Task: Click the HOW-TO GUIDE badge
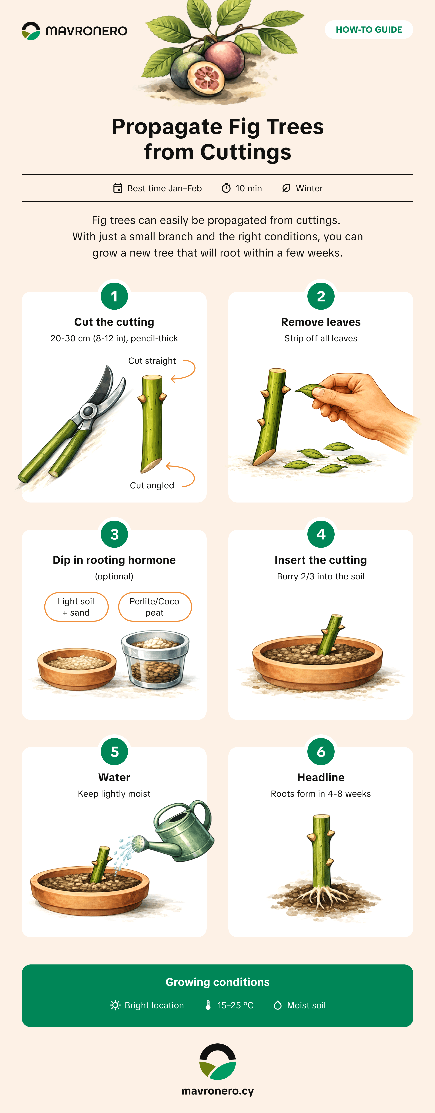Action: point(369,29)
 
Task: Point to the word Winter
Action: point(309,188)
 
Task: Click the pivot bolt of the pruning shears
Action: point(88,411)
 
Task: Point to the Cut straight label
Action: point(152,361)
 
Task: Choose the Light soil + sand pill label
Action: point(76,607)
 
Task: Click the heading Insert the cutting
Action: point(321,560)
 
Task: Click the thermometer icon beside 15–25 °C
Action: point(208,1005)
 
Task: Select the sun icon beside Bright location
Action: point(115,1005)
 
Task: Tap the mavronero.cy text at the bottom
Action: point(217,1091)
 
